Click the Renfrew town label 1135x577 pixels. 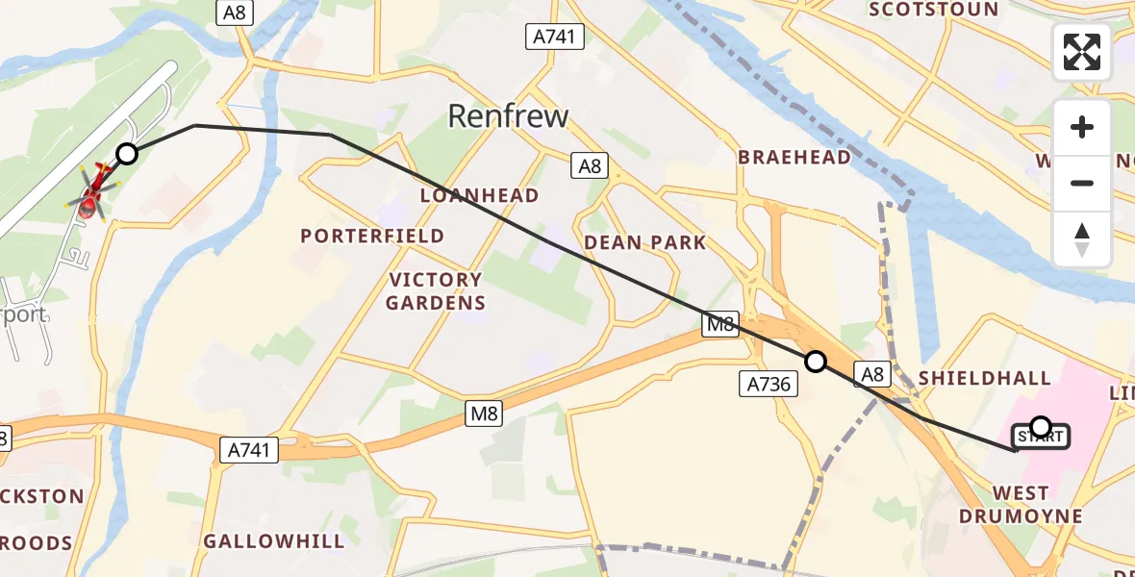coord(509,116)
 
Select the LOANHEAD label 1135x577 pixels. coord(479,195)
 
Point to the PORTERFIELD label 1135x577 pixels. coord(372,236)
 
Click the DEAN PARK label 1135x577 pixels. coord(645,242)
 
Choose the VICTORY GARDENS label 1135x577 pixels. coord(436,291)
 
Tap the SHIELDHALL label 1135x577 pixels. coord(984,378)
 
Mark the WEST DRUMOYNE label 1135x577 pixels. coord(1021,505)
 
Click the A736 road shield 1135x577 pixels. coord(769,385)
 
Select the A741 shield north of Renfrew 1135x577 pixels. coord(554,38)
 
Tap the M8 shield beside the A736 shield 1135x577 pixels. coord(719,325)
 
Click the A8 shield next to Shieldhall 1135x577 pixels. coord(872,375)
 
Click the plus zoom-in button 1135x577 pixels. coord(1082,127)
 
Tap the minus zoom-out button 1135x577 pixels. coord(1082,183)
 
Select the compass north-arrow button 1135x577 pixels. coord(1082,238)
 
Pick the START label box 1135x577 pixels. coord(1040,438)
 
